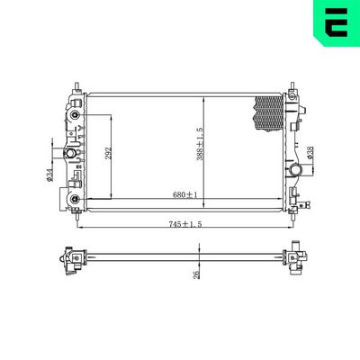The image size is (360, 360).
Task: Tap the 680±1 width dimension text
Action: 185,193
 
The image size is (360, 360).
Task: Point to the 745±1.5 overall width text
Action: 184,222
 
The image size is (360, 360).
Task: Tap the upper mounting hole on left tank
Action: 76,115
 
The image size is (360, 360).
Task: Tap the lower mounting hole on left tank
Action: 76,199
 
